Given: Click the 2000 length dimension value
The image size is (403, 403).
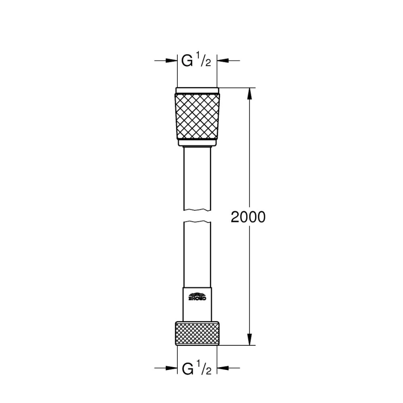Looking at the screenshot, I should pos(248,217).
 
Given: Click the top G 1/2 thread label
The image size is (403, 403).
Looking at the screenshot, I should pos(197,61).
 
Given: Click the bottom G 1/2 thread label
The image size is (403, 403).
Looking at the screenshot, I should pos(197,369).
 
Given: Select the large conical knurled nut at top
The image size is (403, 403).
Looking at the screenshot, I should pos(197,115).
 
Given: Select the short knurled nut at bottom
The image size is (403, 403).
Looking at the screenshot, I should pos(197,333).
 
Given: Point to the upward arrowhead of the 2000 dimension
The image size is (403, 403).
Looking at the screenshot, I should pos(250,94).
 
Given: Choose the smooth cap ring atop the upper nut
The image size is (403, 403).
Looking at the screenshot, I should pos(197,90).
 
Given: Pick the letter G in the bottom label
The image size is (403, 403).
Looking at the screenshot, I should pos(188,369).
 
